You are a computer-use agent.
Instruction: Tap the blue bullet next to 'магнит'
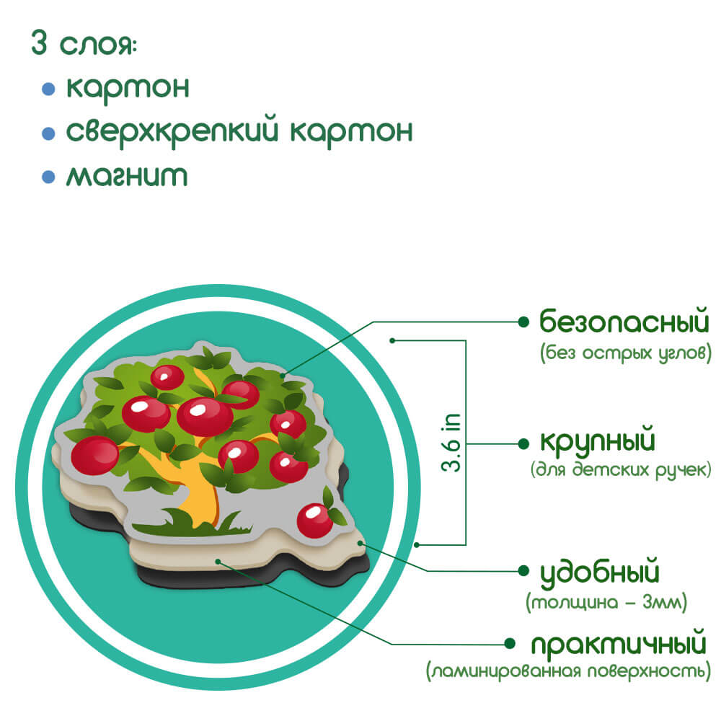(48, 177)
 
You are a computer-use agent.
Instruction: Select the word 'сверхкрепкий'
(172, 133)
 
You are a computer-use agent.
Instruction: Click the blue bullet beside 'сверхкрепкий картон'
(48, 133)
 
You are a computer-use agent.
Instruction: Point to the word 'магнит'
(127, 176)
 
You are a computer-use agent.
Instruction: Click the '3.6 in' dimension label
(451, 443)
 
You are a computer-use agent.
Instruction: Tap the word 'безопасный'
(624, 321)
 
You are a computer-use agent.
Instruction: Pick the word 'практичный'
(619, 645)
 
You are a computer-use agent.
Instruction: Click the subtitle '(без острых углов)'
(625, 353)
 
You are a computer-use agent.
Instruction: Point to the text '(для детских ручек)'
(621, 470)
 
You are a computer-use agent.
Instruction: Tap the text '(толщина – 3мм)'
(606, 602)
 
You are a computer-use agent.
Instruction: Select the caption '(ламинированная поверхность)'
(568, 671)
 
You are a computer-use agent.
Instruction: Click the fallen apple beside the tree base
(315, 521)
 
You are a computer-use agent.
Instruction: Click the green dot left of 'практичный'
(509, 644)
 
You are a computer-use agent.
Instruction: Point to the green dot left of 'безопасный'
(523, 322)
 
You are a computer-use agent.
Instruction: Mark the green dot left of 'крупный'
(523, 443)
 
